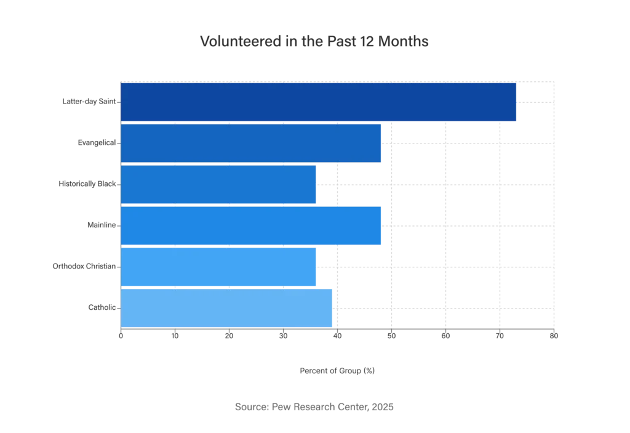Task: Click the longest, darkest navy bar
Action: [x=318, y=102]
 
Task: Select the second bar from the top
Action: [x=252, y=143]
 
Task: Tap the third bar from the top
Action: [x=219, y=184]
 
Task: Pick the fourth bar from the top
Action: [x=252, y=225]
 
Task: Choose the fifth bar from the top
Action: [x=219, y=267]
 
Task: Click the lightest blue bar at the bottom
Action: [x=227, y=308]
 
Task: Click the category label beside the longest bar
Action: [x=87, y=102]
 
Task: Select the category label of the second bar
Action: [x=95, y=143]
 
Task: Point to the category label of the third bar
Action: [x=88, y=184]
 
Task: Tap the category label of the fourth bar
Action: [x=100, y=225]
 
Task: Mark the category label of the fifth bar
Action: [x=83, y=267]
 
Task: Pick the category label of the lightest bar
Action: [x=100, y=306]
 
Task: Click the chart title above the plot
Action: [x=314, y=42]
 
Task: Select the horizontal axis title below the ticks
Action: [x=339, y=370]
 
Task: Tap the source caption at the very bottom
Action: [x=312, y=407]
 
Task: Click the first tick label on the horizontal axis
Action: [x=121, y=336]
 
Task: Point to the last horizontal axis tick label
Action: [x=554, y=336]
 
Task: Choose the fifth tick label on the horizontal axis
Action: [x=337, y=336]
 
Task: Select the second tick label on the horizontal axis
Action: [x=175, y=336]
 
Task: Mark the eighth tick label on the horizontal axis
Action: [x=500, y=336]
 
